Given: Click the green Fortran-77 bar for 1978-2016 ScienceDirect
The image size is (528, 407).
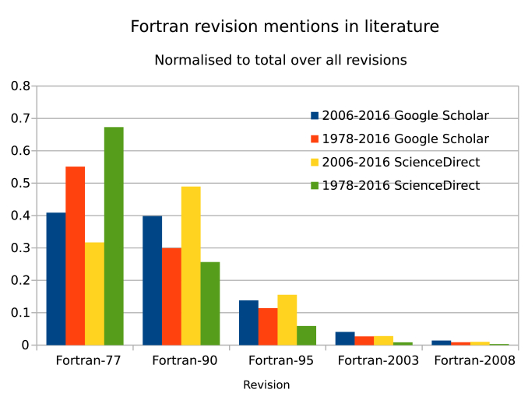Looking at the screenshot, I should [x=114, y=236].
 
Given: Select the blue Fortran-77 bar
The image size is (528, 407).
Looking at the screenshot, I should [x=56, y=279].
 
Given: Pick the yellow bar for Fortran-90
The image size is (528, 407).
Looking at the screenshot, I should [x=191, y=265].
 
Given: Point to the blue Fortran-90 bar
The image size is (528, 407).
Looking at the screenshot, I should [x=152, y=280].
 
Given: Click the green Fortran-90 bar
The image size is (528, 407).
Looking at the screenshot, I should [x=210, y=303].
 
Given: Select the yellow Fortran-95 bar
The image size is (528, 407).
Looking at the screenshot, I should [x=287, y=320].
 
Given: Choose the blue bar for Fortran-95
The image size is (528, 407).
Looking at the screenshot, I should [x=248, y=323].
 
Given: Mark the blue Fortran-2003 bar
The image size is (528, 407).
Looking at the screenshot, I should [x=345, y=339].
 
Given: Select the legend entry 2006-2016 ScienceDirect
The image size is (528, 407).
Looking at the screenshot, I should [x=401, y=163].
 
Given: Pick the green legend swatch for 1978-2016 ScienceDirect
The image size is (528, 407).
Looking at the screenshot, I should [x=315, y=186].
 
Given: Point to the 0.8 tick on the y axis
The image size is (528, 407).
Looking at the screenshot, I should [x=20, y=86].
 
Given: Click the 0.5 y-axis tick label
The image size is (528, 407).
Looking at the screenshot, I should [x=20, y=184].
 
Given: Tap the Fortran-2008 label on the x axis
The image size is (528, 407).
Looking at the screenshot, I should [x=474, y=361].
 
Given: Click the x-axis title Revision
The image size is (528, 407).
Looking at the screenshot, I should [x=266, y=385].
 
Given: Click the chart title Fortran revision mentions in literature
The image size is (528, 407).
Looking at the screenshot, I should [x=284, y=26].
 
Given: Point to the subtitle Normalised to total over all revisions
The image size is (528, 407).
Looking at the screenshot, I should [x=280, y=60].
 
